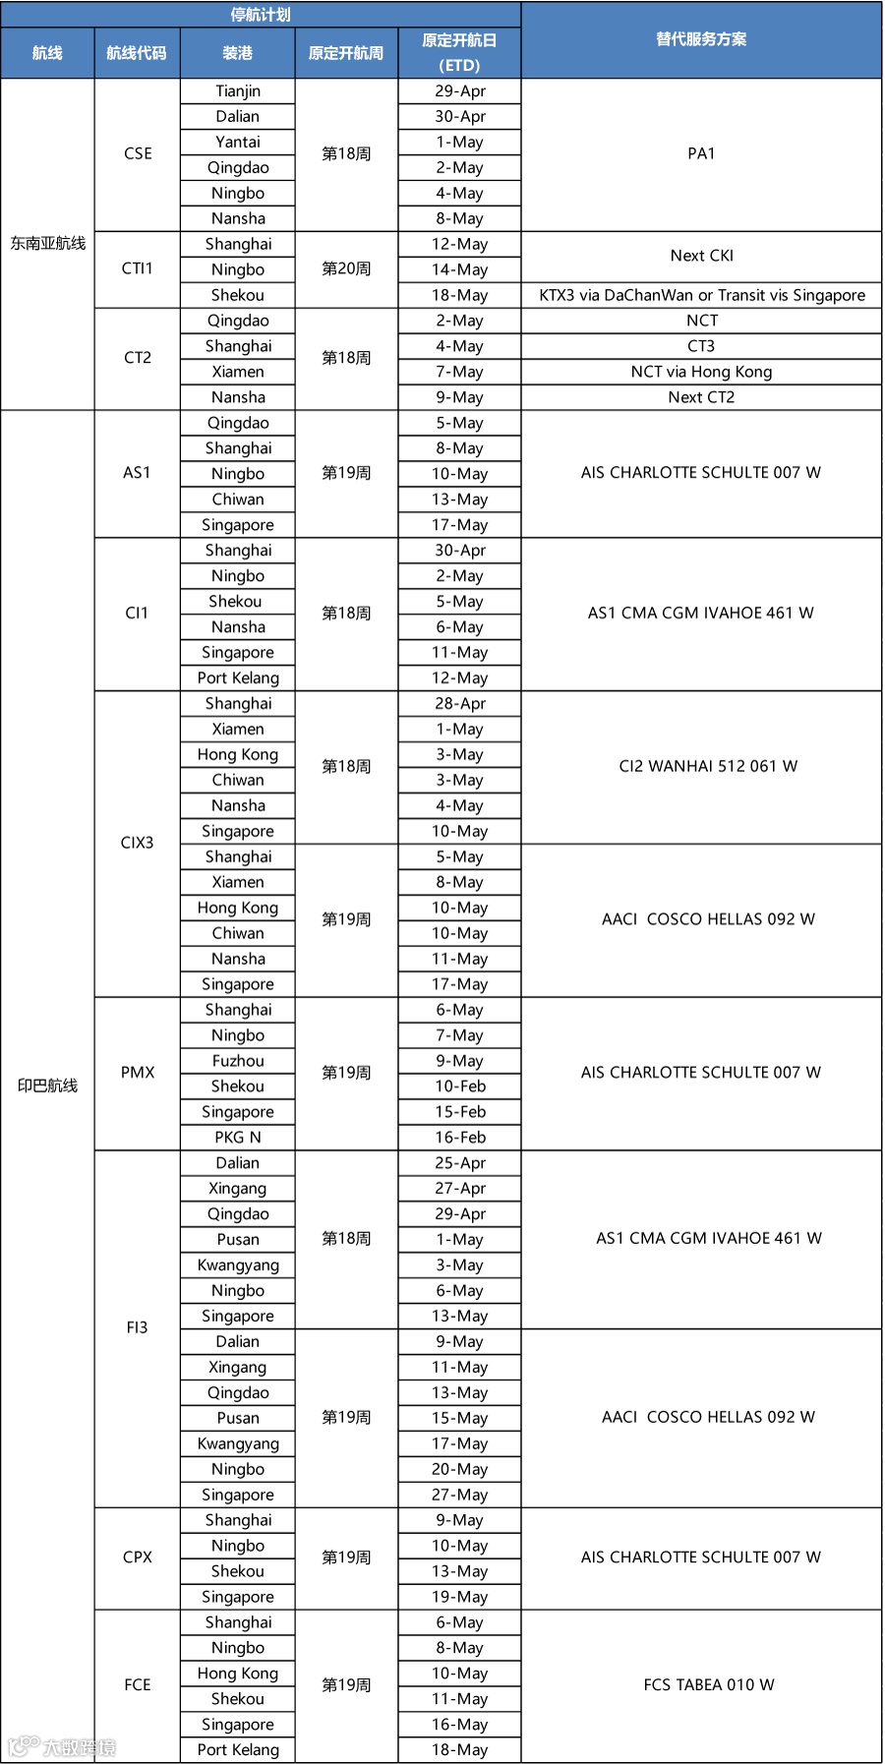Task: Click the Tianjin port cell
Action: tap(238, 91)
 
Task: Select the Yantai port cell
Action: tap(238, 143)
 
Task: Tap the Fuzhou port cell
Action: tap(238, 1061)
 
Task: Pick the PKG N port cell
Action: tap(238, 1138)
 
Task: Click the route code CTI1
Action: tap(138, 269)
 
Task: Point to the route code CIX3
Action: tap(138, 843)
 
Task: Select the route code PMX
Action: tap(138, 1073)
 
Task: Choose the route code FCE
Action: tap(138, 1685)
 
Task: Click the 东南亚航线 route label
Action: tap(48, 244)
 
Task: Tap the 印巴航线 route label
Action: tap(48, 1086)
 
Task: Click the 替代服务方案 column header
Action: tap(701, 39)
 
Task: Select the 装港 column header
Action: tap(238, 53)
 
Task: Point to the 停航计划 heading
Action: tap(261, 15)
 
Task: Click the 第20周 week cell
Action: tap(346, 269)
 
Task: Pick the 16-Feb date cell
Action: tap(460, 1138)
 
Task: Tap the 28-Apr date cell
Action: tap(460, 704)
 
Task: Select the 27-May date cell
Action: tap(460, 1496)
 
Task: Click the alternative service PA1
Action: tap(701, 154)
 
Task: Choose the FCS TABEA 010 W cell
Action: tap(709, 1685)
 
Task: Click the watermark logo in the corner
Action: tap(61, 1746)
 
